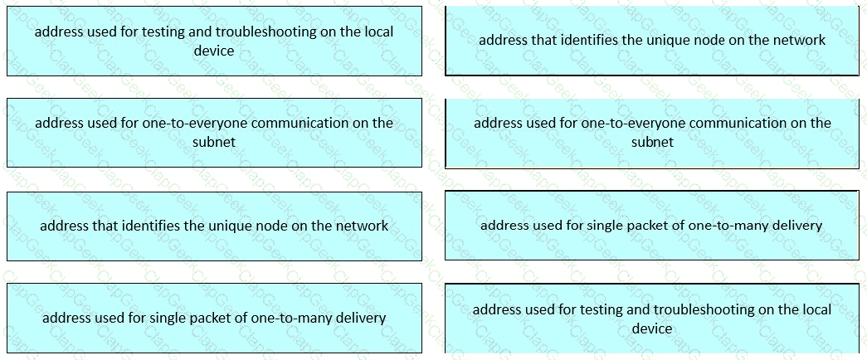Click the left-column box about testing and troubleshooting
(215, 41)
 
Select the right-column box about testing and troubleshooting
(652, 319)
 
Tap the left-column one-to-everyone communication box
(215, 133)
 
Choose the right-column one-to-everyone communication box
(652, 133)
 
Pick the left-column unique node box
(215, 226)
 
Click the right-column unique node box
(652, 41)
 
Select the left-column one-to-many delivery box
(215, 319)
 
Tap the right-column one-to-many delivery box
(652, 226)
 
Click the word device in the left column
(214, 51)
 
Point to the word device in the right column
(652, 328)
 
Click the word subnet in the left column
(214, 142)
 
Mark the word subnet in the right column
(652, 142)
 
